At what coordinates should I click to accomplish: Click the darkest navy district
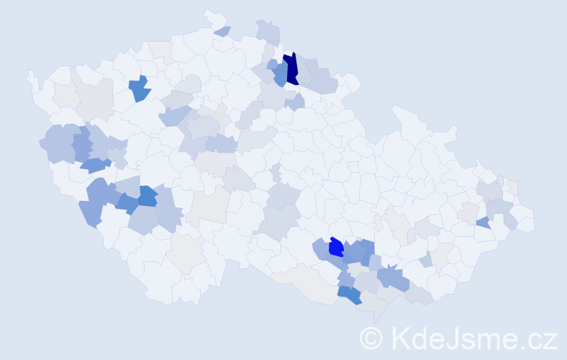[291, 69]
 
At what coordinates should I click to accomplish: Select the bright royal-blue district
[335, 248]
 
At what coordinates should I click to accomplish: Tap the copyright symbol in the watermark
[371, 338]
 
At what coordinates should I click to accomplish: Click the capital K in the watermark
[402, 337]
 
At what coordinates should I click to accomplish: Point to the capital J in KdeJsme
[454, 337]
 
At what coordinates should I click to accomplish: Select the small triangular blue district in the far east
[484, 223]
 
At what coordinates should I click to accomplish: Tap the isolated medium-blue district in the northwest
[140, 89]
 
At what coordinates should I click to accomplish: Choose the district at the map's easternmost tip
[529, 223]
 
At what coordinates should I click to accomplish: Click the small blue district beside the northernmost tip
[222, 31]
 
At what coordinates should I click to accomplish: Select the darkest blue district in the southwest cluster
[148, 196]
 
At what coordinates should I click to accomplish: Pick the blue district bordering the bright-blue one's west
[321, 251]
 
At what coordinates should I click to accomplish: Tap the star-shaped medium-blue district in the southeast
[393, 277]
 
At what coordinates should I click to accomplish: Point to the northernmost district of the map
[211, 17]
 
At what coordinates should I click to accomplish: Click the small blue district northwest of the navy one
[272, 64]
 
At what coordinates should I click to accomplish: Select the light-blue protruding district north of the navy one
[268, 32]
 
